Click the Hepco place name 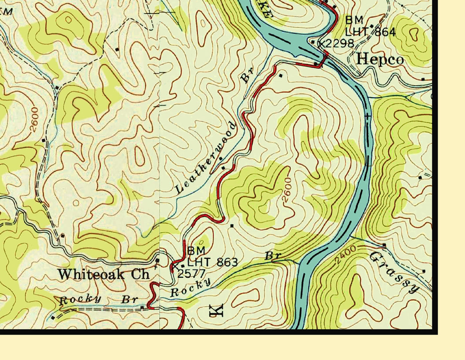pos(380,60)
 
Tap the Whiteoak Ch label pos(104,274)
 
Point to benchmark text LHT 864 pos(370,32)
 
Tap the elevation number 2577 pos(191,273)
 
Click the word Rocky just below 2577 pos(190,287)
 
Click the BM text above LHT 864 pos(354,20)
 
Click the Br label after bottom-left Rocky pos(128,299)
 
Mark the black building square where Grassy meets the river pos(384,245)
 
